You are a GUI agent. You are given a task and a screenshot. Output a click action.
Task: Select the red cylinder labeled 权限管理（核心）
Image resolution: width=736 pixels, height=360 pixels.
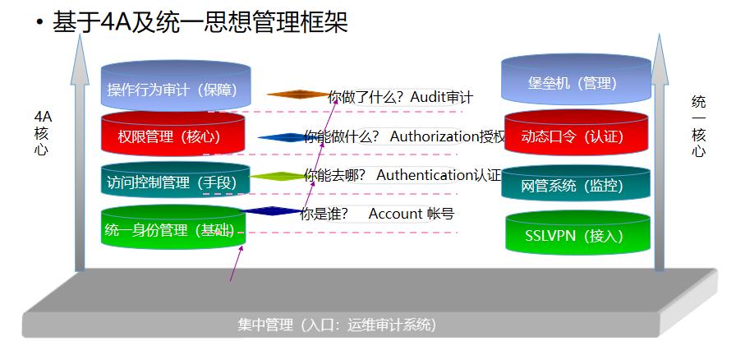pyautogui.click(x=172, y=136)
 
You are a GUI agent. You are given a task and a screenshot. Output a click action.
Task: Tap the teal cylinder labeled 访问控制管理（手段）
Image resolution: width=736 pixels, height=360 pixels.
pyautogui.click(x=172, y=182)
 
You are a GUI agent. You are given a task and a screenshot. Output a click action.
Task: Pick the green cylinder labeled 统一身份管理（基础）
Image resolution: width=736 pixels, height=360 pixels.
pyautogui.click(x=172, y=229)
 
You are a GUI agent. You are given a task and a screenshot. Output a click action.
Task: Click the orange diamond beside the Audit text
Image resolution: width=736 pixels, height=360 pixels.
pyautogui.click(x=297, y=95)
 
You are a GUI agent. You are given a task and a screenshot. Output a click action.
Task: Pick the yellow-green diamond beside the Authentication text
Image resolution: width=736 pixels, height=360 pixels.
pyautogui.click(x=278, y=176)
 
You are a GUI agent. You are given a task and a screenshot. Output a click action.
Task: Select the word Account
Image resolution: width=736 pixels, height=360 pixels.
pyautogui.click(x=395, y=214)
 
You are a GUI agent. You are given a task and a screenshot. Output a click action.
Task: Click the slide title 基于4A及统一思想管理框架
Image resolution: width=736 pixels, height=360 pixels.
pyautogui.click(x=200, y=22)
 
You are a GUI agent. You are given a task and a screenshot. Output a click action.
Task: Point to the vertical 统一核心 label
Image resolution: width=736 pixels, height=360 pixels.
pyautogui.click(x=699, y=127)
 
